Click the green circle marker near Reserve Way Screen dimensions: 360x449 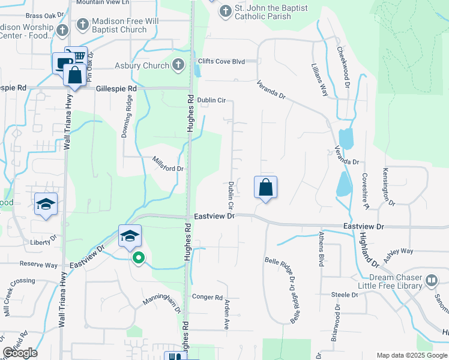[x=139, y=259]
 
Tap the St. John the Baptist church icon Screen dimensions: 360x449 [x=225, y=11]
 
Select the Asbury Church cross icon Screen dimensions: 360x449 [x=178, y=65]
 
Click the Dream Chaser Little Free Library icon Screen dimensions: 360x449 [x=431, y=281]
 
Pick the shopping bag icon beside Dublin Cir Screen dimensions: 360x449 [x=265, y=188]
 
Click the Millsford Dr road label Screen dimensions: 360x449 [x=167, y=164]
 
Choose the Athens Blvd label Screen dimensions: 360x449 [x=322, y=248]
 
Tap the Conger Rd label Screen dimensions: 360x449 [x=207, y=297]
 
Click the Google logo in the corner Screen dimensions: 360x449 [x=20, y=353]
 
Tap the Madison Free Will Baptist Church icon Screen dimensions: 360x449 [x=82, y=25]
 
